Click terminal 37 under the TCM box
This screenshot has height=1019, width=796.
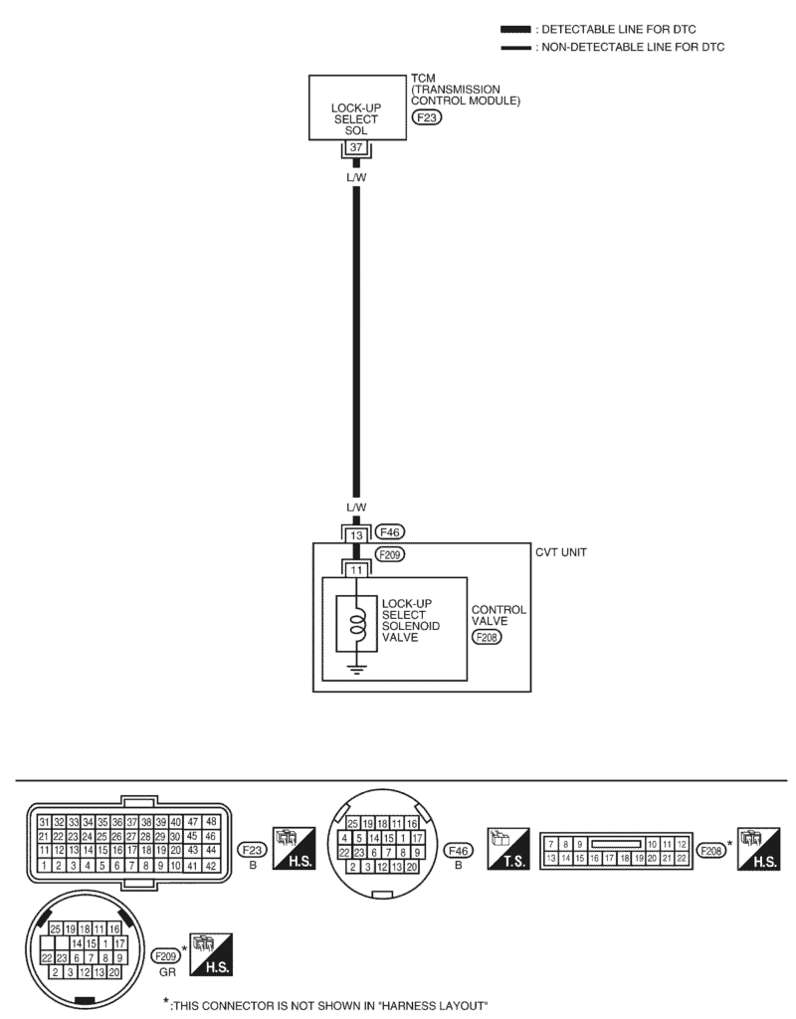[x=355, y=148]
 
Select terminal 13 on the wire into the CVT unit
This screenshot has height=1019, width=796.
[x=356, y=535]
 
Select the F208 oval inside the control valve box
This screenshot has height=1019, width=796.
[x=488, y=636]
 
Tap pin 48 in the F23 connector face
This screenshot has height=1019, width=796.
[x=210, y=822]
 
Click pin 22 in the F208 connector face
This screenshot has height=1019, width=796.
[x=682, y=857]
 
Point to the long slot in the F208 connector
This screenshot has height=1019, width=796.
[x=614, y=844]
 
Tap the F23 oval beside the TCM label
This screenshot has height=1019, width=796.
[x=426, y=116]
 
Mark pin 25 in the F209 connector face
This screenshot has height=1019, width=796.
[x=57, y=926]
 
